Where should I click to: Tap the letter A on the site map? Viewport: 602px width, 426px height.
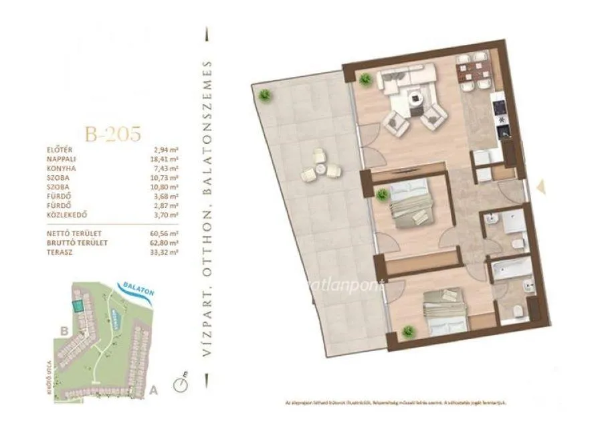point(155,389)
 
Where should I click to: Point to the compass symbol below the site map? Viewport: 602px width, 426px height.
point(179,384)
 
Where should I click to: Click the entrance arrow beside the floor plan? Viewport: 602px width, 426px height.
point(541,188)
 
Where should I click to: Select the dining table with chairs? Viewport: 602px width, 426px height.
point(473,72)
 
